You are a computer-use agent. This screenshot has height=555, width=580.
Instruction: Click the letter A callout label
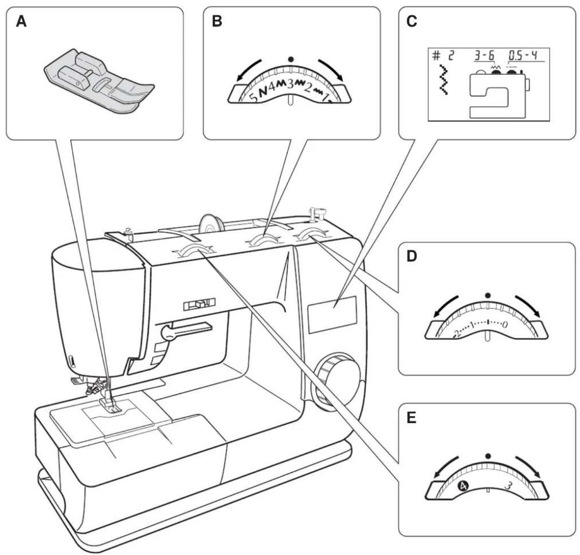coord(21,21)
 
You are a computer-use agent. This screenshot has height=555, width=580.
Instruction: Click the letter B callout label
coord(217,21)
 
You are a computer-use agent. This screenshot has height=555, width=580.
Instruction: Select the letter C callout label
coord(412,21)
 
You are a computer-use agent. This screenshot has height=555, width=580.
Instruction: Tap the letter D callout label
coord(411,257)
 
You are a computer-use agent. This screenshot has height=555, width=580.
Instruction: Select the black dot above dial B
coord(291,59)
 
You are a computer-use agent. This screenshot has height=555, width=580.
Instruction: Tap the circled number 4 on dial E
coord(463,485)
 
